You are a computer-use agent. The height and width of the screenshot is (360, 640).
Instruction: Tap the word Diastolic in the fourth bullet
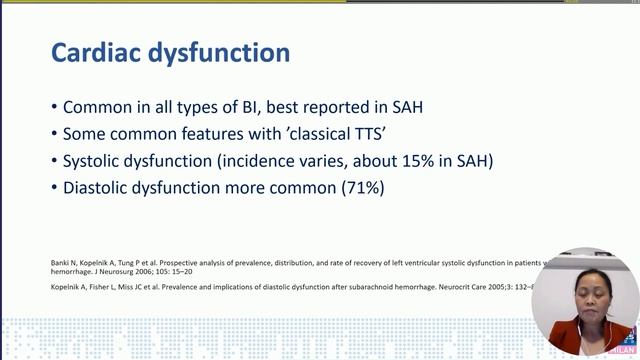(101, 187)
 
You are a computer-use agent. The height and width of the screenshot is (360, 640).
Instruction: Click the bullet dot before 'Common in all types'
(53, 108)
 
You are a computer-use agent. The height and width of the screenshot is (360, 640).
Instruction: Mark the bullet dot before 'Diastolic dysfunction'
(53, 188)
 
